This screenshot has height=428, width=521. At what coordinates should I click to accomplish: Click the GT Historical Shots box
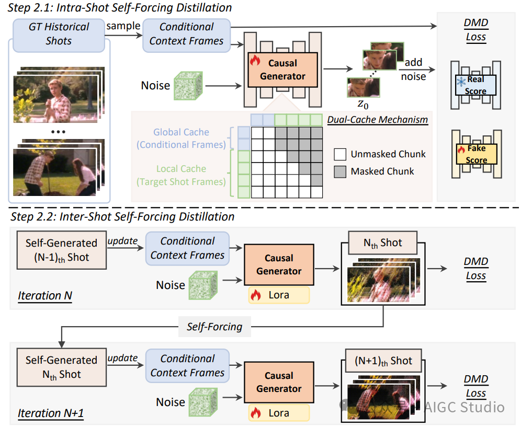59,34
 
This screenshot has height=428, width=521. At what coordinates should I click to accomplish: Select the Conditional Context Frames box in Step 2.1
186,34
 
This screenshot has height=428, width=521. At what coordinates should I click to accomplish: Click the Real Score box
476,85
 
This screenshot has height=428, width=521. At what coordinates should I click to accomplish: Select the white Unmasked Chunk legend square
340,155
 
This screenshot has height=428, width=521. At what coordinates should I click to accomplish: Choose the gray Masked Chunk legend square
340,171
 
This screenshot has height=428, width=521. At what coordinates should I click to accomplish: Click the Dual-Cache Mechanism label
378,120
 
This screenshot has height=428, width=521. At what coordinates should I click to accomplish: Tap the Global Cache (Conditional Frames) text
181,138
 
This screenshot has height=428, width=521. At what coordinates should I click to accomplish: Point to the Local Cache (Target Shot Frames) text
181,176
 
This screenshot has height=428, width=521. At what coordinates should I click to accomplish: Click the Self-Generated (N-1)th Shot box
61,250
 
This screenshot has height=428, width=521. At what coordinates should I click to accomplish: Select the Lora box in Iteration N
279,295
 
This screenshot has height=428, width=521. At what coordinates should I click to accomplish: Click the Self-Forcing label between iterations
214,327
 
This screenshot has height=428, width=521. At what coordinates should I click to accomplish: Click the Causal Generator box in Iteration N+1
279,382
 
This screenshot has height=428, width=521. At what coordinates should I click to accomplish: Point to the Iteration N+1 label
51,413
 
